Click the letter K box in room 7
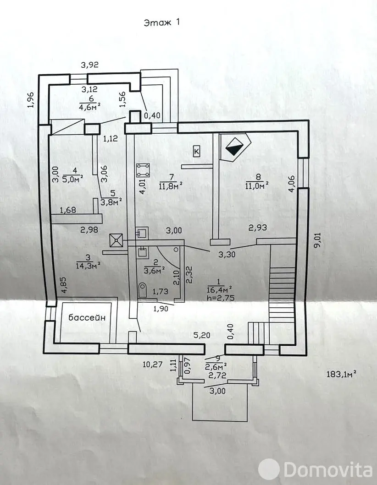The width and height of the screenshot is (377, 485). point(197,151)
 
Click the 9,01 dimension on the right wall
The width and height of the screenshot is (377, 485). point(316,239)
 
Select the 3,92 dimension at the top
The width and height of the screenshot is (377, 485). point(90,65)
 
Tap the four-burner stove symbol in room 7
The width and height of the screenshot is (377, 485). point(144,169)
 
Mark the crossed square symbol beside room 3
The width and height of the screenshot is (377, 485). point(116,239)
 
